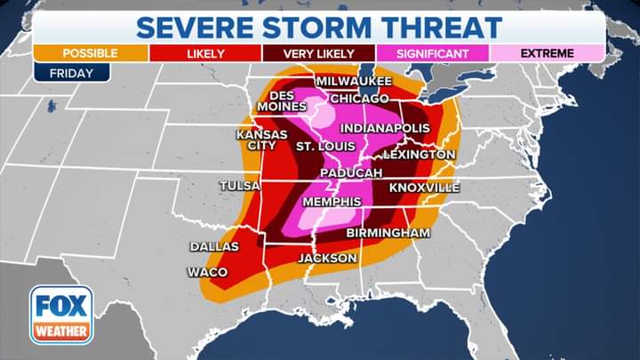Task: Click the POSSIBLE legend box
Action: click(x=90, y=53)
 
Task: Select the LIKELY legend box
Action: click(x=205, y=53)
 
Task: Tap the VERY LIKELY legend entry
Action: click(x=318, y=53)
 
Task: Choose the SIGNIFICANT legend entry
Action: click(x=432, y=53)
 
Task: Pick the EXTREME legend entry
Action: click(x=547, y=53)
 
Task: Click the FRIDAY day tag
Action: click(x=71, y=73)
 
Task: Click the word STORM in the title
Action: click(x=322, y=25)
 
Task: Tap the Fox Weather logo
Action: click(x=61, y=315)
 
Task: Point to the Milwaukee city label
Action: click(x=354, y=81)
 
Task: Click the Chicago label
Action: click(x=359, y=98)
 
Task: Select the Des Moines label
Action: click(x=282, y=101)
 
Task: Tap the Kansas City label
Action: click(x=261, y=140)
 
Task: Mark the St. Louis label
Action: click(x=325, y=145)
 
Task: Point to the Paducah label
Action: click(x=351, y=172)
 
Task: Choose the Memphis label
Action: click(x=332, y=202)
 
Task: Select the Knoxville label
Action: click(x=424, y=188)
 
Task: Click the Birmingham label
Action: click(x=388, y=232)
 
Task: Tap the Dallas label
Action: click(x=214, y=246)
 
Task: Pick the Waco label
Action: click(x=207, y=272)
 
